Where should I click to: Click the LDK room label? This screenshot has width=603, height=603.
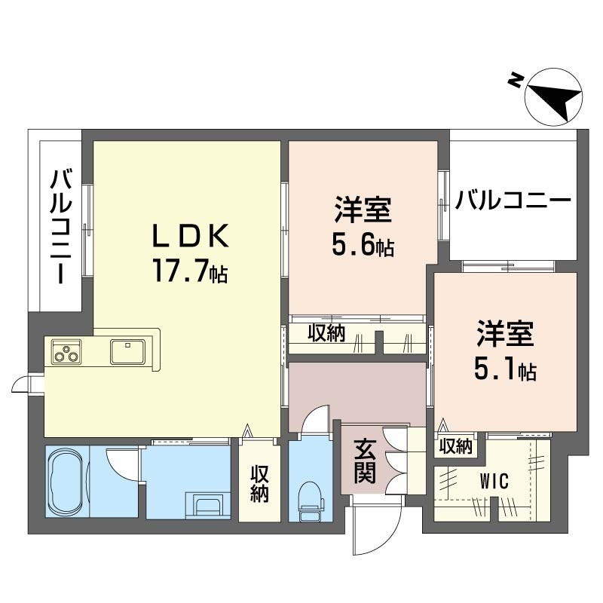tap(190, 237)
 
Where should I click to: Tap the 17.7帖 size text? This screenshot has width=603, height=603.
tap(190, 270)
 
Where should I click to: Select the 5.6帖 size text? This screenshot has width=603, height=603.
tap(363, 245)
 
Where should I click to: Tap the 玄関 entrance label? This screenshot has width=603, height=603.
tap(365, 462)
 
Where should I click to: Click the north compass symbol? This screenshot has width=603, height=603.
tap(554, 96)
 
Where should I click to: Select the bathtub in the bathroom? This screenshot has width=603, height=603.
tap(66, 482)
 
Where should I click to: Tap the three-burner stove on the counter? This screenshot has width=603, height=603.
tap(66, 351)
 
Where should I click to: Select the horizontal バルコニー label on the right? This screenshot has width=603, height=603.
tap(513, 202)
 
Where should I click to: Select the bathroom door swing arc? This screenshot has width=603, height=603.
tap(121, 464)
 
